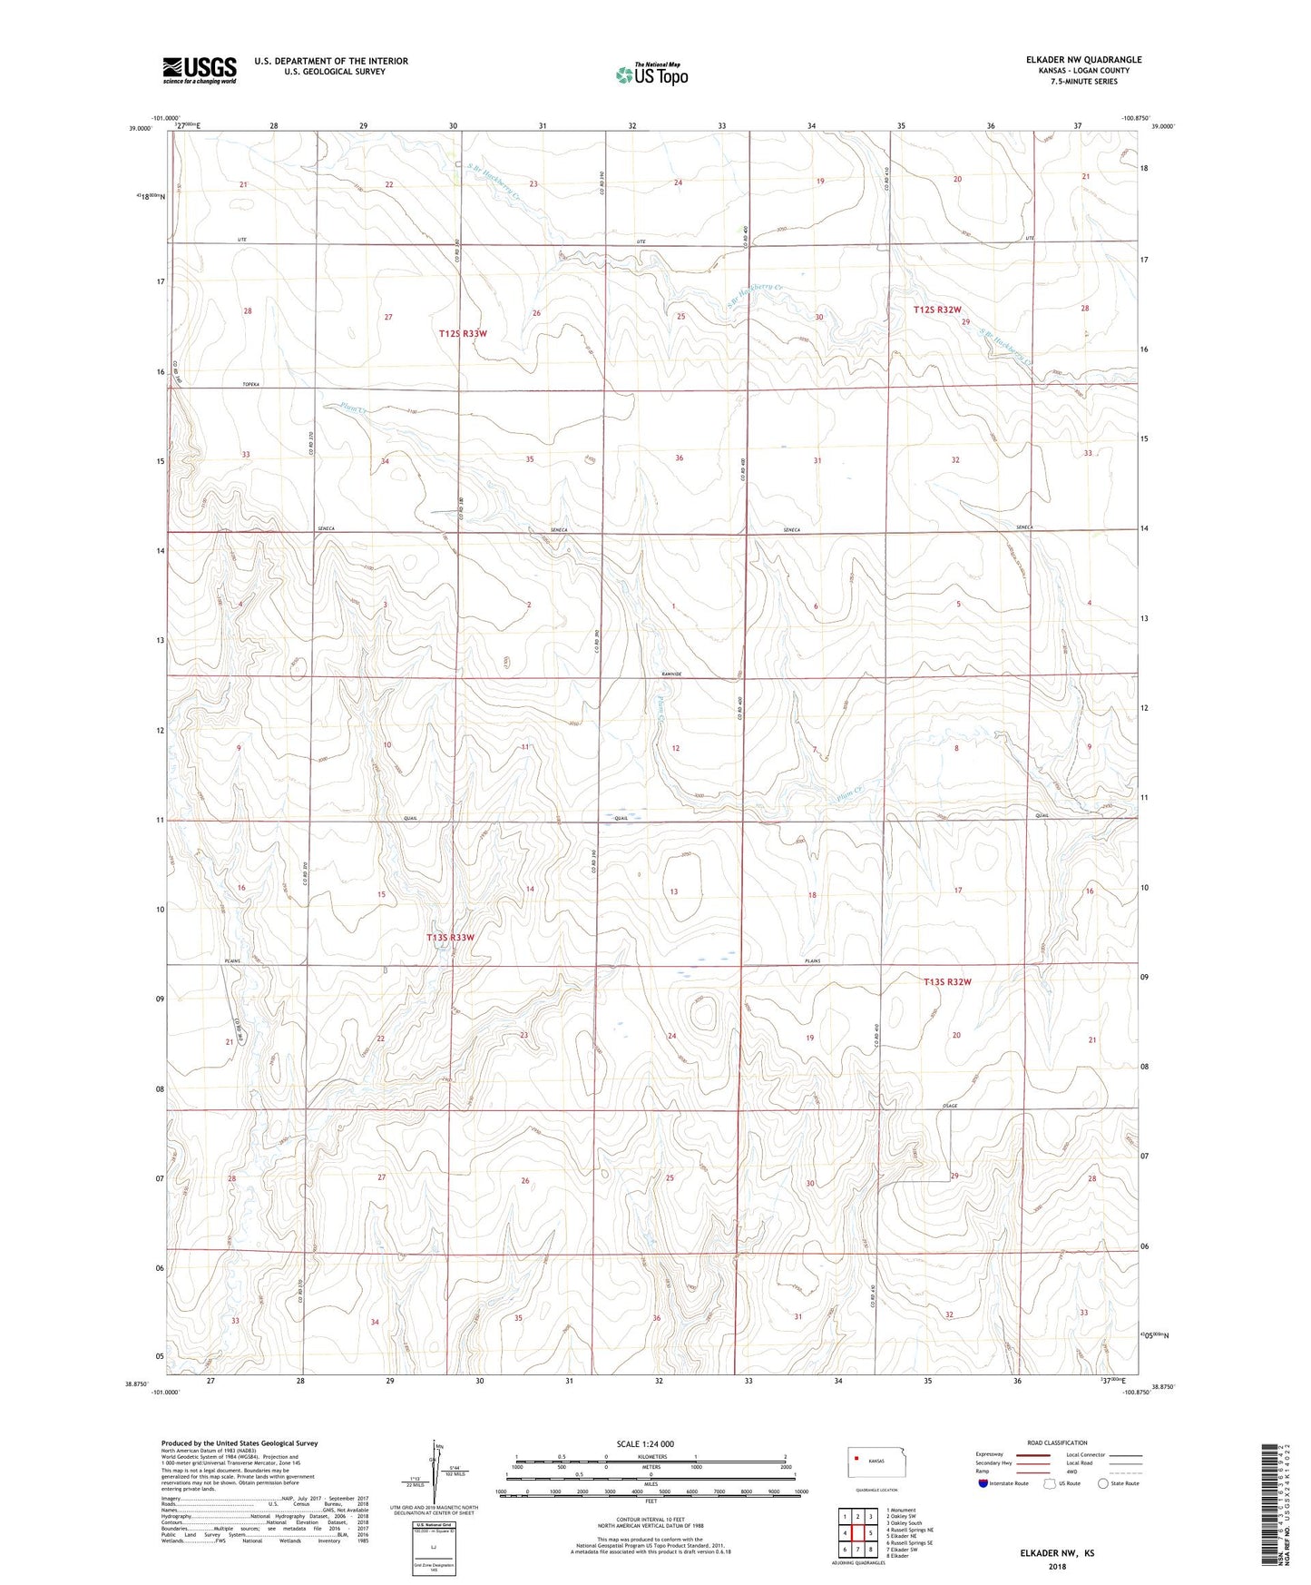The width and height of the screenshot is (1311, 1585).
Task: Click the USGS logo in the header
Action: point(200,69)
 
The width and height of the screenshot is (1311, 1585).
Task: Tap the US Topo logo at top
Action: point(651,74)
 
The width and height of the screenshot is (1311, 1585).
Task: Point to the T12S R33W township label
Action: point(463,333)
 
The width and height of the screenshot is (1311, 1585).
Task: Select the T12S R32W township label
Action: point(936,310)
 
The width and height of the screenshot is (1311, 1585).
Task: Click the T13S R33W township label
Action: point(451,937)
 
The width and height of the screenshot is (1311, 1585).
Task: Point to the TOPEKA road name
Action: point(250,385)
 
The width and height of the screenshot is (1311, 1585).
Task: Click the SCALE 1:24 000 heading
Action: point(645,1443)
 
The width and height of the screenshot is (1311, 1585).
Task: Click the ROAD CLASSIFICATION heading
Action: point(1058,1442)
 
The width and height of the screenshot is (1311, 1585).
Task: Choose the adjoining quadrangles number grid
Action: point(857,1533)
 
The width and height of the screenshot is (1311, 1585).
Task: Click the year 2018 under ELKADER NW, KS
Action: point(1057,1566)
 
